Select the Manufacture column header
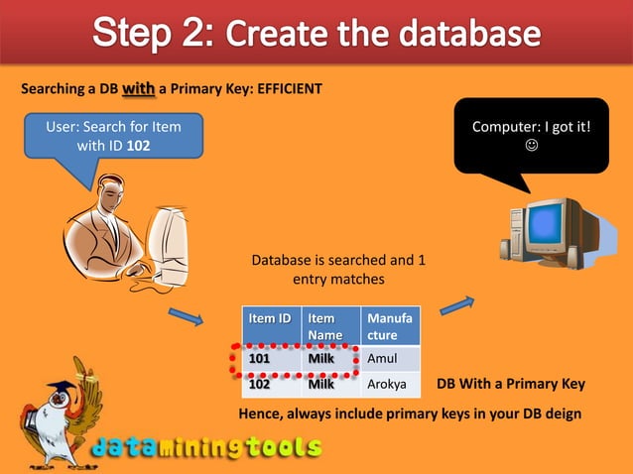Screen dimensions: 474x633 coord(390,326)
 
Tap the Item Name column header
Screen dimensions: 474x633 coord(330,326)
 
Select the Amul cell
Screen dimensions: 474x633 coord(390,358)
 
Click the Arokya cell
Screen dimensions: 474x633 coord(390,384)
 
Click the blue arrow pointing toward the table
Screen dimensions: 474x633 coord(186,317)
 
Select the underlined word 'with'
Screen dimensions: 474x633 coord(138,88)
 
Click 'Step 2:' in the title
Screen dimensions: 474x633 coord(153,34)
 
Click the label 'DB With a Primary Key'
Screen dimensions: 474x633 coord(511,384)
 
